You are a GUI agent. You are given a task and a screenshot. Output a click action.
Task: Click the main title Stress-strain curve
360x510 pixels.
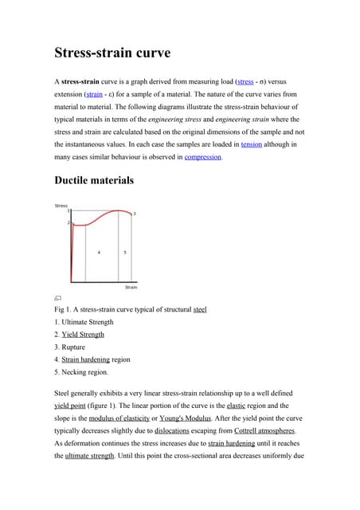[x=112, y=53]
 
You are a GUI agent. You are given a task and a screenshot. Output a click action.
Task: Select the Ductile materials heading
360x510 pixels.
[x=94, y=180]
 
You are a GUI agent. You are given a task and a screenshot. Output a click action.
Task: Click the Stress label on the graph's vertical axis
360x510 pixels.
[x=61, y=206]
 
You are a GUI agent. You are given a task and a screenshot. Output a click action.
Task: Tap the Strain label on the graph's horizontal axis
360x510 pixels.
[x=131, y=287]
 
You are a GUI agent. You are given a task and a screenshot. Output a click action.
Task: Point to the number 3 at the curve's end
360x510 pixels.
[x=135, y=214]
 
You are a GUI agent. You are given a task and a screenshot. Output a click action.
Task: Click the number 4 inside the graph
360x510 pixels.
[x=99, y=252]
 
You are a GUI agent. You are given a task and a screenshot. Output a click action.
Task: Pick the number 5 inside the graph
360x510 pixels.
[x=124, y=252]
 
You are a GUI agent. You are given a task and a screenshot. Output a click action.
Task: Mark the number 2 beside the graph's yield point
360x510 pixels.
[x=68, y=222]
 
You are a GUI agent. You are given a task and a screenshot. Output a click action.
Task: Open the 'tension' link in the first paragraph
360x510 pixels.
[x=251, y=144]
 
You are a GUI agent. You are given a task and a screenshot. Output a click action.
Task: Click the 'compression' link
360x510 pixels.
[x=203, y=157]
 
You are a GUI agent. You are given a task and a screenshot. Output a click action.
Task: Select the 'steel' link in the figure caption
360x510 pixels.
[x=200, y=309]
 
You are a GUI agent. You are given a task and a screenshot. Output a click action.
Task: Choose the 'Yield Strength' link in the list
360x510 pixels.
[x=83, y=335]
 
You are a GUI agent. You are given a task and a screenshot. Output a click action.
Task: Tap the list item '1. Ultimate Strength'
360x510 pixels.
[x=84, y=322]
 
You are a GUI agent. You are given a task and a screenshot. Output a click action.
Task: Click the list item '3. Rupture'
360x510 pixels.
[x=72, y=347]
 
